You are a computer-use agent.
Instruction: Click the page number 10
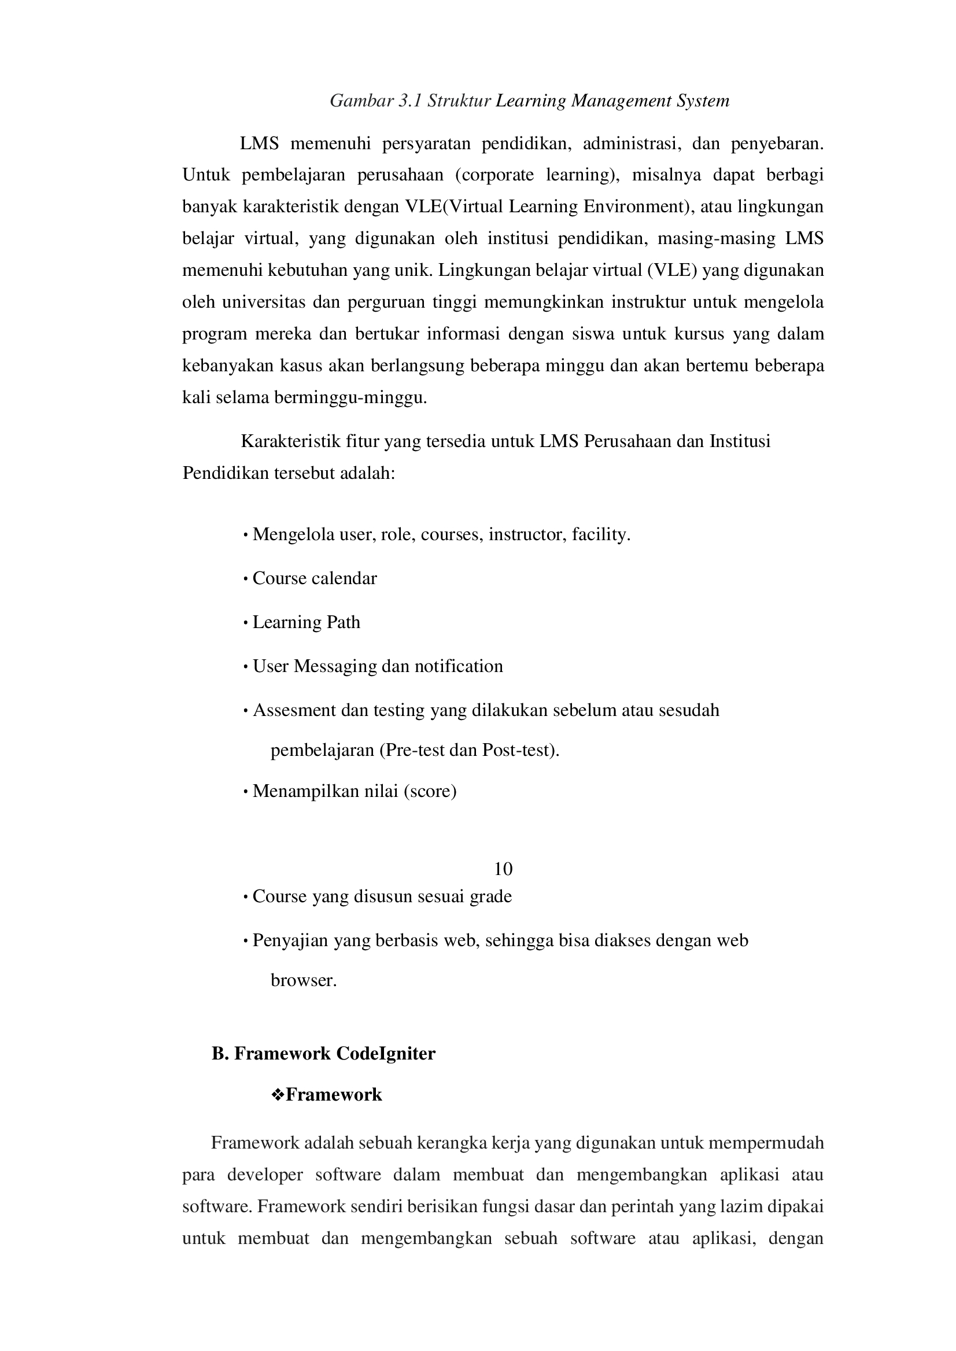tap(503, 869)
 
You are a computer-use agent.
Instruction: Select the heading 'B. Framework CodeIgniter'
tap(323, 1053)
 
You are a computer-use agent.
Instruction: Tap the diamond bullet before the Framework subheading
tap(277, 1094)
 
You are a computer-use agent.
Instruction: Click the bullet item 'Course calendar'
tap(315, 579)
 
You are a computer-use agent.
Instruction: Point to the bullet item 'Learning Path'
tap(306, 622)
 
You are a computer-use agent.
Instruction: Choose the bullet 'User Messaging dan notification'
tap(377, 666)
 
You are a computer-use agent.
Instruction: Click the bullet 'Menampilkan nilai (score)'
tap(355, 791)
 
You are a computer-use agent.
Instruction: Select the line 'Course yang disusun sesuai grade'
tap(382, 896)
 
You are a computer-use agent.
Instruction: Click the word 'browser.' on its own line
tap(303, 980)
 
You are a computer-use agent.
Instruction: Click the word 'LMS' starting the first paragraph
tap(259, 143)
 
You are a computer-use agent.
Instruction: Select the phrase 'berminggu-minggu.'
tap(350, 398)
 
